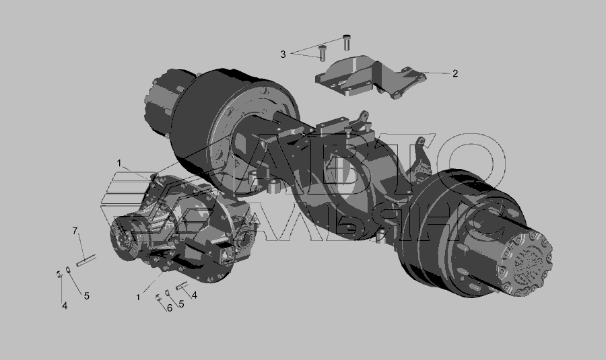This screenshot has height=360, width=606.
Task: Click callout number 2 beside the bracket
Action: pyautogui.click(x=455, y=73)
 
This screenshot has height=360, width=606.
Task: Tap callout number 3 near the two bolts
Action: pyautogui.click(x=283, y=55)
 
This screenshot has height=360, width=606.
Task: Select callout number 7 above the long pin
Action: pyautogui.click(x=75, y=231)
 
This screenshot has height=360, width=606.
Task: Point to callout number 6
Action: pyautogui.click(x=169, y=308)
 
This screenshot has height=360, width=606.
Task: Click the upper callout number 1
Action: pyautogui.click(x=119, y=164)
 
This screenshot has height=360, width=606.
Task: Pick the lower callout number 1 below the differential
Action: pyautogui.click(x=137, y=297)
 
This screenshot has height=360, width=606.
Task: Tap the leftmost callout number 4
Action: pyautogui.click(x=65, y=305)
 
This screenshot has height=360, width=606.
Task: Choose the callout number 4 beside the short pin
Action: pyautogui.click(x=195, y=295)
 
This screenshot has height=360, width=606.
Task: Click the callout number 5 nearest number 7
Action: pyautogui.click(x=87, y=296)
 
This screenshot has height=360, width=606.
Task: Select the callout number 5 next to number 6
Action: pyautogui.click(x=181, y=304)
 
